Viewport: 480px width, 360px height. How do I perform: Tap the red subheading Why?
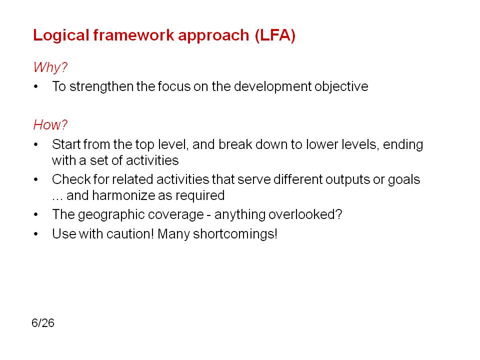[50, 67]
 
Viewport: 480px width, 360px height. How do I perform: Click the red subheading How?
[50, 124]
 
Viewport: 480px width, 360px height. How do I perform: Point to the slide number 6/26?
[43, 323]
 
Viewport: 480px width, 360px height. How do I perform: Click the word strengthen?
[101, 86]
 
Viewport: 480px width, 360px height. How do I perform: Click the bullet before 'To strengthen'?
[36, 86]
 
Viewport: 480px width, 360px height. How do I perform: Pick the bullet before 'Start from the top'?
[36, 144]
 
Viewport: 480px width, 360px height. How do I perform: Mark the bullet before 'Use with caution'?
[36, 234]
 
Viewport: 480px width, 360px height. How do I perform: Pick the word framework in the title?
[134, 35]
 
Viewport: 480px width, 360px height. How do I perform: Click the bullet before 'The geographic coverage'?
[36, 214]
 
